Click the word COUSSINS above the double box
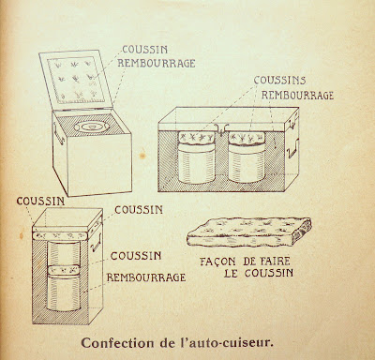click(279, 81)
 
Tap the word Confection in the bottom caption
click(117, 343)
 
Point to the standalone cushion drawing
click(248, 232)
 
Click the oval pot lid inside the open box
click(92, 127)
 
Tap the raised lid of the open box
click(76, 80)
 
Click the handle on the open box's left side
click(58, 133)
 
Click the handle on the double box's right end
click(292, 148)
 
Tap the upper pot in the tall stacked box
click(64, 253)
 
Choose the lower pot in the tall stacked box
click(64, 292)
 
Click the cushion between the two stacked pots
click(64, 269)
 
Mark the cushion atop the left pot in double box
click(196, 138)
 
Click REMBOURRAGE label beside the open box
click(157, 63)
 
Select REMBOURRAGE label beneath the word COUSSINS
click(297, 95)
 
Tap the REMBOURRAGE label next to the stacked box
click(146, 277)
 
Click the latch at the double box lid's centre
click(221, 129)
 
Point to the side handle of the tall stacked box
click(96, 242)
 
